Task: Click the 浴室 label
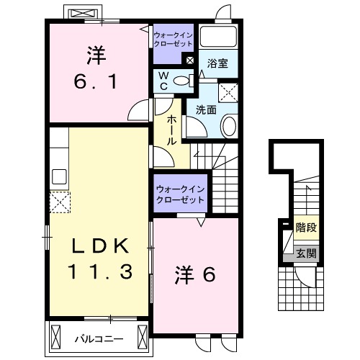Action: click(219, 63)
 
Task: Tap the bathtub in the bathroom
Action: click(220, 37)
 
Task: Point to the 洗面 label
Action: click(206, 109)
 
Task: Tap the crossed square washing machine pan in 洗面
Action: click(229, 91)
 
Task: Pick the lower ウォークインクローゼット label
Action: click(179, 194)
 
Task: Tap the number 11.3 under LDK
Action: click(99, 273)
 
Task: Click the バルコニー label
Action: click(99, 338)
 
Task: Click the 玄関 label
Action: click(306, 253)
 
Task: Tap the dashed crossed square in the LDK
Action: click(58, 202)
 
